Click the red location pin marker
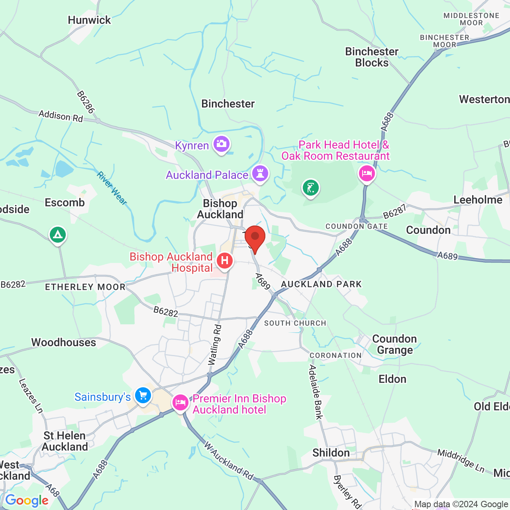(255, 238)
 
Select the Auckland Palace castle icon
(260, 174)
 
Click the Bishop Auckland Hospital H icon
(225, 261)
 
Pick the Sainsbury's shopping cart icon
(143, 396)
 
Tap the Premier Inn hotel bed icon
(180, 402)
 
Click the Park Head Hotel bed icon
(367, 174)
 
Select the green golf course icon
(311, 187)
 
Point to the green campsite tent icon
(58, 235)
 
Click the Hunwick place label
(89, 20)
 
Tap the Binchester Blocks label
(372, 57)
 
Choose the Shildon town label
(331, 453)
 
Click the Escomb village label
(65, 202)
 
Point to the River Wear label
(112, 188)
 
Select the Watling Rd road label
(215, 345)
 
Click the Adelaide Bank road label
(316, 392)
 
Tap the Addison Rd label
(61, 116)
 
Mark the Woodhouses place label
(64, 342)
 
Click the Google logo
(27, 500)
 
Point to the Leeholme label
(478, 200)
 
